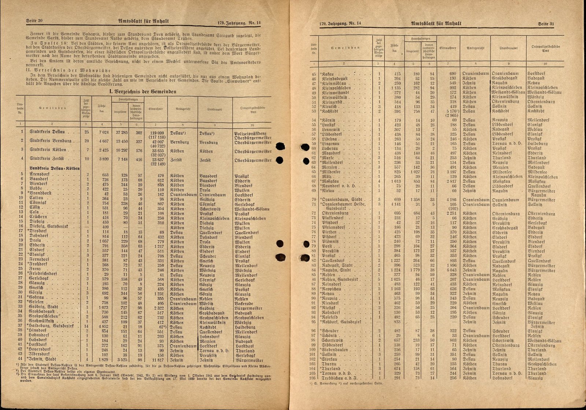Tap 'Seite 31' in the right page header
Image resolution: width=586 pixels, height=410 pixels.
546,24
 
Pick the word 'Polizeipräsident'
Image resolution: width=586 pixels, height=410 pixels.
251,134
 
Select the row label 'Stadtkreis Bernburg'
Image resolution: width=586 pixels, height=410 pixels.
50,141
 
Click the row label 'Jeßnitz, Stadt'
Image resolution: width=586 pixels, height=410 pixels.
43,360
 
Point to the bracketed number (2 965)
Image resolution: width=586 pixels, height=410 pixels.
450,116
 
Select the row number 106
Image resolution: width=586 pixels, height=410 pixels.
312,378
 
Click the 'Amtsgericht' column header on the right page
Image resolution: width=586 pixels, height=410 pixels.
475,48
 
